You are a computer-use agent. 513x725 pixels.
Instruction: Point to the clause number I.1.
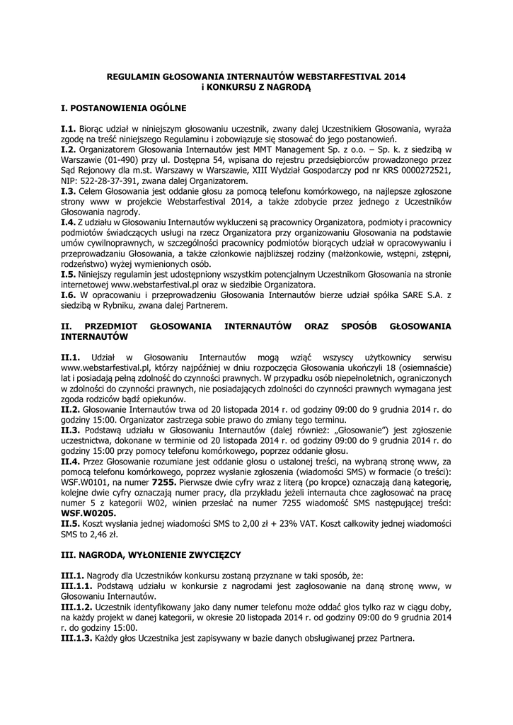tap(68, 130)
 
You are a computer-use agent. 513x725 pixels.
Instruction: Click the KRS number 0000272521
tap(420, 171)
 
